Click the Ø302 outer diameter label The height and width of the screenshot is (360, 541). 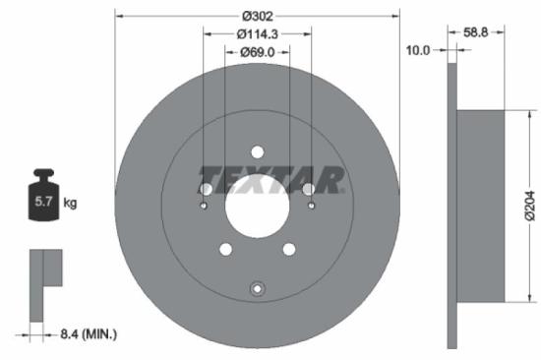coord(258,15)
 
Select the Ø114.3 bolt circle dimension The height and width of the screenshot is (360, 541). coord(258,33)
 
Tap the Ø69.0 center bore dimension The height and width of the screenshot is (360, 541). coord(258,51)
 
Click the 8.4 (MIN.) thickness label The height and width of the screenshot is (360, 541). coord(85,335)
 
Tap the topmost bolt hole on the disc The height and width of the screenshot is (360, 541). coord(258,151)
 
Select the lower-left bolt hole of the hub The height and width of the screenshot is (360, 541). coord(225,250)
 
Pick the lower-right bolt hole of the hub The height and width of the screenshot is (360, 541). coord(290,250)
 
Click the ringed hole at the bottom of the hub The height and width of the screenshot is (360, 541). coord(258,288)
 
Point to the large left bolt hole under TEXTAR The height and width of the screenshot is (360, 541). coord(207,189)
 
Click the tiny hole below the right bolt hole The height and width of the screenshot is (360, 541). coord(311,207)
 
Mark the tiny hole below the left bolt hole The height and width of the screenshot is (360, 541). coord(204,207)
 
